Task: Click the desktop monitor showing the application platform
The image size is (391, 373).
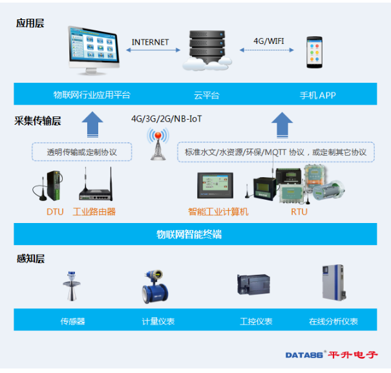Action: coord(94,50)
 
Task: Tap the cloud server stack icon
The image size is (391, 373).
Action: coord(207,50)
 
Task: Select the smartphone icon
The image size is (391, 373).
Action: coord(315,52)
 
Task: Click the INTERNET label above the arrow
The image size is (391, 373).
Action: coord(150,42)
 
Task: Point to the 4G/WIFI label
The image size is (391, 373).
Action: coord(269,41)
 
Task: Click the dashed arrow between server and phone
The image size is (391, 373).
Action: coord(266,50)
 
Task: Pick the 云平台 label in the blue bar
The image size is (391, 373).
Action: coord(206,95)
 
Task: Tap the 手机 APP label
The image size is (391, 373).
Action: coord(318,95)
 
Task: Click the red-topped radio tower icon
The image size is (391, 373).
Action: coord(158,144)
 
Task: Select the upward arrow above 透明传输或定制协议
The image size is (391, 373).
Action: coord(92,124)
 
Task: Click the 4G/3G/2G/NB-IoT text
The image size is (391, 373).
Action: coord(166,119)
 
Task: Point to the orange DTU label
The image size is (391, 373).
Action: coord(55,212)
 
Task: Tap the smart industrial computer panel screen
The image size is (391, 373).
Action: coord(215,186)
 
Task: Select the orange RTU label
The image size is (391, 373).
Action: coord(299,212)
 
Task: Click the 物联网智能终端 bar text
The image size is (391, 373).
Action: coord(189,234)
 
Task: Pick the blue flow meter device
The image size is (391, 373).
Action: coord(155,286)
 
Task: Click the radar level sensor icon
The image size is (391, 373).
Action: coord(72,286)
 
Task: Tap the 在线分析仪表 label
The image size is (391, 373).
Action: coord(333,321)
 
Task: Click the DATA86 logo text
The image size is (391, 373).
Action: coord(304,355)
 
